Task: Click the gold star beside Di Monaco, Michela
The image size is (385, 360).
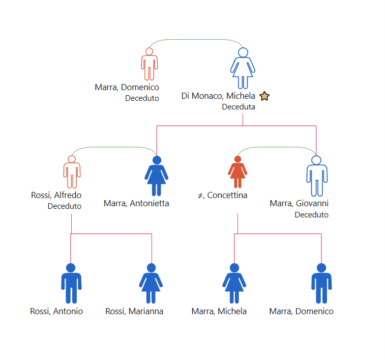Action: pyautogui.click(x=264, y=96)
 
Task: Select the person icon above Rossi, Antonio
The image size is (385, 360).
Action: pyautogui.click(x=71, y=283)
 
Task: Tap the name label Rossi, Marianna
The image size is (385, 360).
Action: pyautogui.click(x=134, y=311)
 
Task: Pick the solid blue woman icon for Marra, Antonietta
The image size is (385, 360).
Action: pyautogui.click(x=157, y=176)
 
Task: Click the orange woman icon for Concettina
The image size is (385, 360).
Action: pyautogui.click(x=238, y=172)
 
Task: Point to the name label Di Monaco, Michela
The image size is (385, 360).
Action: pyautogui.click(x=218, y=96)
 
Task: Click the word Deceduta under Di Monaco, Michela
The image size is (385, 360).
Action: pyautogui.click(x=239, y=107)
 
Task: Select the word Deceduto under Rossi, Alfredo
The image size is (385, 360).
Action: pyautogui.click(x=65, y=206)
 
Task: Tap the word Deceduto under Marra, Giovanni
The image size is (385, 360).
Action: pyautogui.click(x=312, y=215)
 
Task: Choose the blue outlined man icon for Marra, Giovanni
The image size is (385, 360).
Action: pyautogui.click(x=317, y=176)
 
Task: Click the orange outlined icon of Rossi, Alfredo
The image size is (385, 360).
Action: pyautogui.click(x=72, y=172)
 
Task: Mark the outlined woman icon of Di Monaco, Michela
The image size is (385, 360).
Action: pyautogui.click(x=243, y=68)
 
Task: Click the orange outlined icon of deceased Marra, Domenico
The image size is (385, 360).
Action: pyautogui.click(x=150, y=64)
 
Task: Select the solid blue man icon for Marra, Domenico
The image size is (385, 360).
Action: pyautogui.click(x=321, y=283)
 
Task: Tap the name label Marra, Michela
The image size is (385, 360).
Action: pyautogui.click(x=219, y=311)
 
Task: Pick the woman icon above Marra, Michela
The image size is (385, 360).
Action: pyautogui.click(x=234, y=283)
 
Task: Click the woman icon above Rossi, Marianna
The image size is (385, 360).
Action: pyautogui.click(x=151, y=283)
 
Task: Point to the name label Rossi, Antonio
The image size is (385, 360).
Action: pyautogui.click(x=56, y=311)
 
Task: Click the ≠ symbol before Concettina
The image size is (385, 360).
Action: pyautogui.click(x=200, y=196)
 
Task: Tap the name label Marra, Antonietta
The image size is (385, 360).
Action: pyautogui.click(x=136, y=203)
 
